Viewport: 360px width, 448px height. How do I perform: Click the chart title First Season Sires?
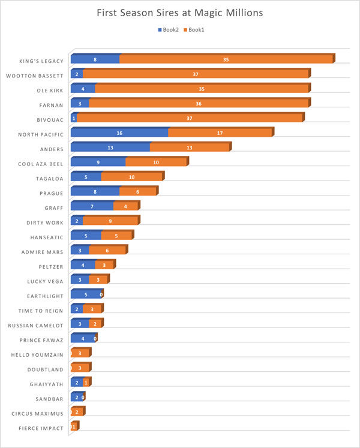[179, 13]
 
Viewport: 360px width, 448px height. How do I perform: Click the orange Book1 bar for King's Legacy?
[226, 59]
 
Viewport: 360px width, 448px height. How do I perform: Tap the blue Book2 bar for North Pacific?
[119, 133]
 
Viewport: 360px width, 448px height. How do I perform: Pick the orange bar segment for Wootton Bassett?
[196, 74]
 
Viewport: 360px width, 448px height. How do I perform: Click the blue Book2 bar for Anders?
[110, 148]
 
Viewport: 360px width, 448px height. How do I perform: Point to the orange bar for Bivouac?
[190, 118]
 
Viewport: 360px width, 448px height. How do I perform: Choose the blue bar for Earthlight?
[85, 294]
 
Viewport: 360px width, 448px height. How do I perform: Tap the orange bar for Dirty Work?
[110, 221]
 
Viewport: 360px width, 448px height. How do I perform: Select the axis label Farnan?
[51, 104]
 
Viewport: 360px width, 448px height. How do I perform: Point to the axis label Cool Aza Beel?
[41, 163]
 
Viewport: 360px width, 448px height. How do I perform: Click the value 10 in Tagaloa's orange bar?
[131, 177]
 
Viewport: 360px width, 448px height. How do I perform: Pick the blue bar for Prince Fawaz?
[83, 339]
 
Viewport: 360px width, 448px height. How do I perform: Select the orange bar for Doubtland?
[80, 368]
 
